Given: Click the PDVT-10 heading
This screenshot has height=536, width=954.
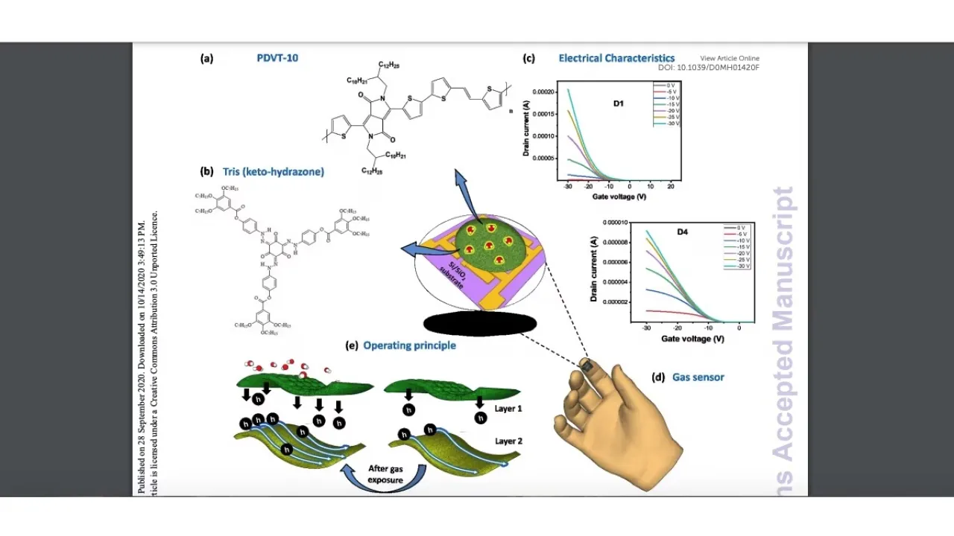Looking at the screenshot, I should tap(277, 58).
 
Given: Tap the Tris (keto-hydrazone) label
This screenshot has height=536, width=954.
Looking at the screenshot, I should tap(273, 172).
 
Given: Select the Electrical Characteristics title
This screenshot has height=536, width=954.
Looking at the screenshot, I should tap(616, 58).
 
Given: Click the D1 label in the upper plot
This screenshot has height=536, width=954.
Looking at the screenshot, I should tap(619, 103).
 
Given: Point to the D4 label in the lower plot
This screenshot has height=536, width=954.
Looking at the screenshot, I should tap(682, 232).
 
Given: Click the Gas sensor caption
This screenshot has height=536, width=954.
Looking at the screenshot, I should tap(698, 377).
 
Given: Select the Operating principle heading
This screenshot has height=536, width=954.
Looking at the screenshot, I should tap(409, 345).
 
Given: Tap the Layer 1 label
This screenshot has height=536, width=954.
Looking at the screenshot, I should tap(508, 409).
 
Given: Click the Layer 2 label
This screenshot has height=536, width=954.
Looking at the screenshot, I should tap(508, 441).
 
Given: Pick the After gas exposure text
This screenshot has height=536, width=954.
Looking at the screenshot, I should tap(385, 474).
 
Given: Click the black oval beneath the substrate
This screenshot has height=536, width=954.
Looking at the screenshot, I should tap(480, 324).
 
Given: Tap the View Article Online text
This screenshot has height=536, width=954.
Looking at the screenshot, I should tap(729, 58).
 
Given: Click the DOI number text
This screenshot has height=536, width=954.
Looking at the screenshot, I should tap(708, 68).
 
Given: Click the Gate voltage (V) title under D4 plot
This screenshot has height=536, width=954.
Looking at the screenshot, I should tap(692, 339).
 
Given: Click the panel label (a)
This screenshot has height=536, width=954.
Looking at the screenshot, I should tap(206, 58).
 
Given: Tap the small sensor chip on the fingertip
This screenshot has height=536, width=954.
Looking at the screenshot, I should tap(587, 366).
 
